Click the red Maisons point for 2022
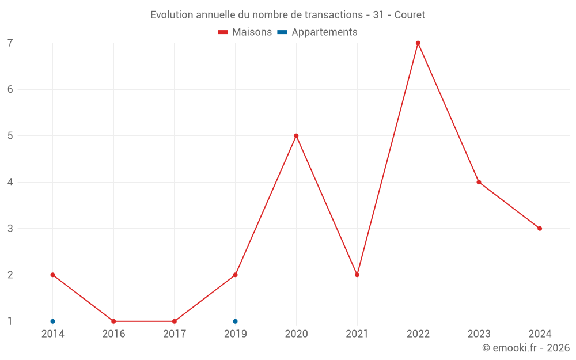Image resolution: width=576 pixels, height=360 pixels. (x=418, y=43)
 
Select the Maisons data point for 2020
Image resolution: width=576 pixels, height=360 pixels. (x=296, y=136)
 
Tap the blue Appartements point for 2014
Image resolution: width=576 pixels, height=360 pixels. (x=52, y=321)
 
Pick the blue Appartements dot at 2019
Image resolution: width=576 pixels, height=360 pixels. (x=235, y=321)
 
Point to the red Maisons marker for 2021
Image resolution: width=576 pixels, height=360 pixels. (x=357, y=275)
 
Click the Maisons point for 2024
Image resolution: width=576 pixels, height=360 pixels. (x=540, y=229)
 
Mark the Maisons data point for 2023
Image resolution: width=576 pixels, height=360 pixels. (x=479, y=182)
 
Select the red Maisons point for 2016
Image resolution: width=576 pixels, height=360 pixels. (x=113, y=321)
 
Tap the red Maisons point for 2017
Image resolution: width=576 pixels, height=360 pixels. (x=175, y=321)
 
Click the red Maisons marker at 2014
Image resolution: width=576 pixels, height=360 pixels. (x=52, y=275)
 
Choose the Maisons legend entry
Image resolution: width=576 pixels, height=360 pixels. (x=245, y=32)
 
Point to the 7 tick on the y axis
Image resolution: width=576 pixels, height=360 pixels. (x=10, y=43)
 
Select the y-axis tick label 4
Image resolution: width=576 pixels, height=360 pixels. (x=10, y=182)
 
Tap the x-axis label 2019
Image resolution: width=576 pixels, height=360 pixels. (x=235, y=334)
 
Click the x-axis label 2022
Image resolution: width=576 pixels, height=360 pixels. (x=418, y=334)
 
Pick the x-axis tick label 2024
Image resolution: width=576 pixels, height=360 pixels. (x=540, y=334)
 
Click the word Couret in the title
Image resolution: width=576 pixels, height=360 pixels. (x=410, y=15)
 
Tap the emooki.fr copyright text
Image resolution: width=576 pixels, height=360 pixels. (x=526, y=348)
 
